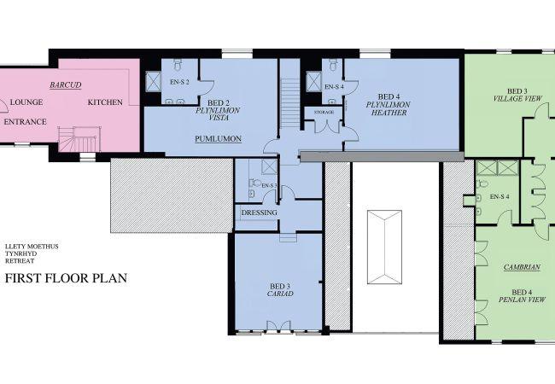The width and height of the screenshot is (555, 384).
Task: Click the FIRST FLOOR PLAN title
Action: coord(66,278)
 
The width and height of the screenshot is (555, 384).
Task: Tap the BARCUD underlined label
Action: coord(66,84)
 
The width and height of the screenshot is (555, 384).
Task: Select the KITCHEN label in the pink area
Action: coord(105,102)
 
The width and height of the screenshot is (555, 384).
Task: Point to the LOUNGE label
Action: coord(26,102)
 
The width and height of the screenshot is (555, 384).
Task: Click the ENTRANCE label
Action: coord(25,122)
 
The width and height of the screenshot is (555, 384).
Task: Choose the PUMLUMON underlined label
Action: coord(219,139)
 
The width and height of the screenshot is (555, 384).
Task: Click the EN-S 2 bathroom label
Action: coord(179,82)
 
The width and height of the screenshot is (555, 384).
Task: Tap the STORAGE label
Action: coord(324,112)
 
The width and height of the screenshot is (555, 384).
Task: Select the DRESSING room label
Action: coord(259,212)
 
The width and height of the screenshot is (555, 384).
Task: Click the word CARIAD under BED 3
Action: coord(280,294)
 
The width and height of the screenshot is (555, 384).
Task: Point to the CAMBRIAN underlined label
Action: coord(522,267)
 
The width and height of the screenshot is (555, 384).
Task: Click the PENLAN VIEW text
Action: coord(522,300)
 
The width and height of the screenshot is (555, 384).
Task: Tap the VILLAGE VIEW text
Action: coord(517,99)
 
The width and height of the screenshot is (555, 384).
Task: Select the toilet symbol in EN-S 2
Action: coord(178,64)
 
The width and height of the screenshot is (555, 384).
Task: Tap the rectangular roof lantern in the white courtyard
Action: coord(384,247)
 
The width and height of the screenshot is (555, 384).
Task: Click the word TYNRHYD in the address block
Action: coord(20,253)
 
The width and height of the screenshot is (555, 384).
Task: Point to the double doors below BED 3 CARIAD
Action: coord(278,326)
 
